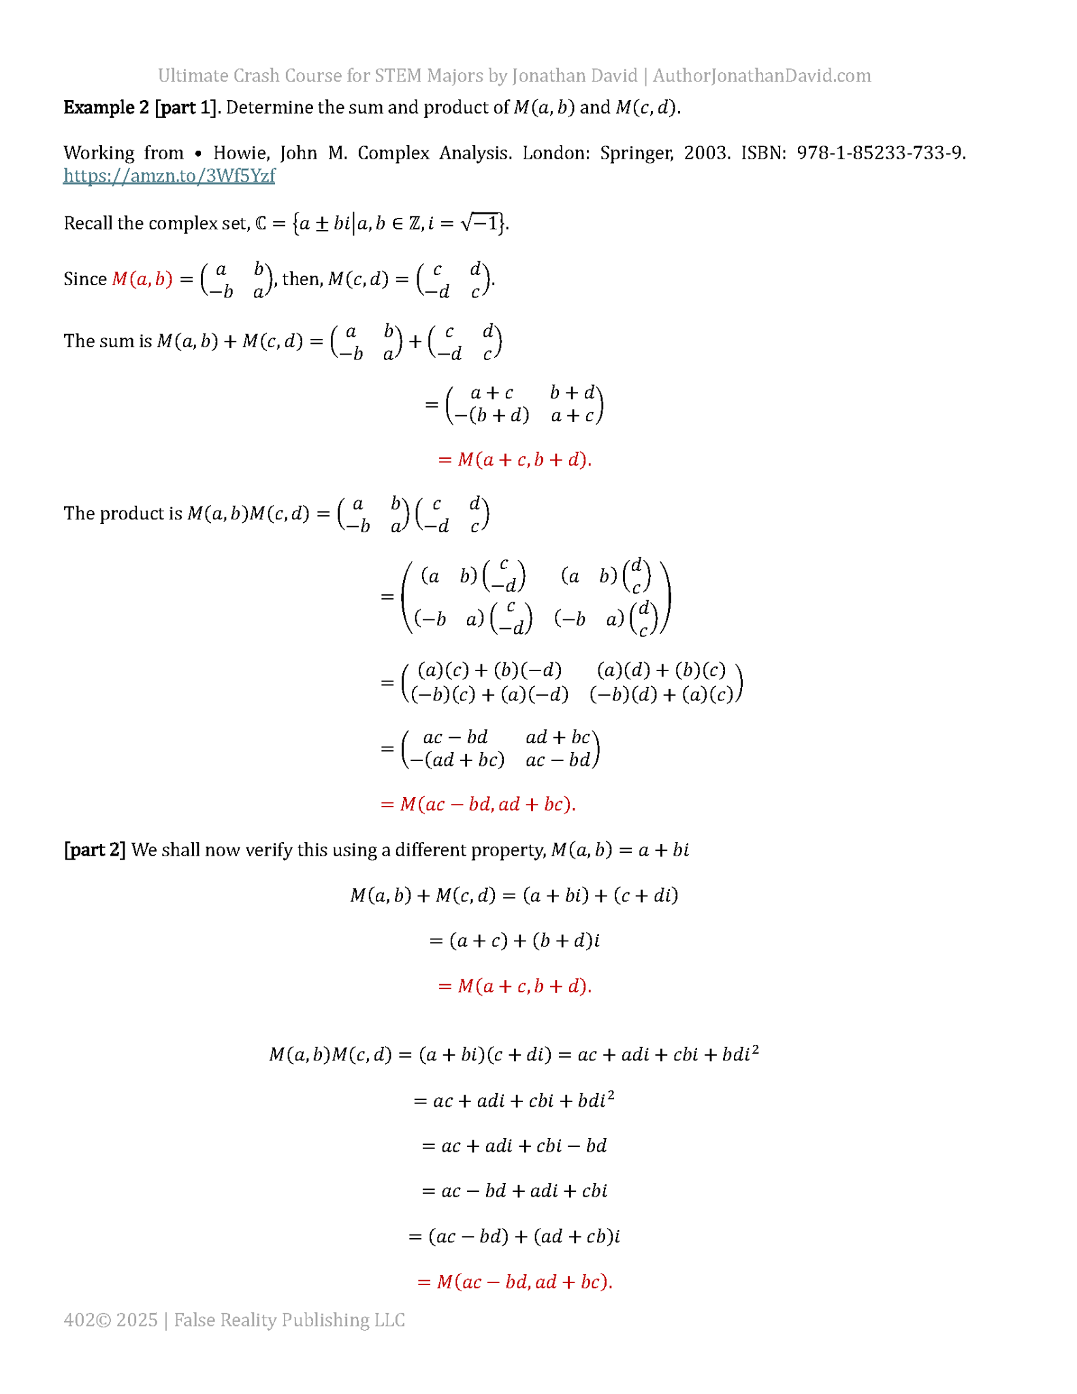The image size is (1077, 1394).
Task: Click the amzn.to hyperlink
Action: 169,176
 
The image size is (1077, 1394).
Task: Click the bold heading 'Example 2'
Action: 106,108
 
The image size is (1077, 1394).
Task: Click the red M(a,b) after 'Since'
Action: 142,279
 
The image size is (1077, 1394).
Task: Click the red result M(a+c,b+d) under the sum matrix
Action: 515,460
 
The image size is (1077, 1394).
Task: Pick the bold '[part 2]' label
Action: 95,849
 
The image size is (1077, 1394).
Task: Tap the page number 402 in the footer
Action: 79,1320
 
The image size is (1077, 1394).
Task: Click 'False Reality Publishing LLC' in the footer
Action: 289,1320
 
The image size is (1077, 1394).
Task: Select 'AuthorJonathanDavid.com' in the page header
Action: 762,76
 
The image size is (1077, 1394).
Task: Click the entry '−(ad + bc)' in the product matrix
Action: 457,760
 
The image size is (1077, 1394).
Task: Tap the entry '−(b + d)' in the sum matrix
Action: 492,415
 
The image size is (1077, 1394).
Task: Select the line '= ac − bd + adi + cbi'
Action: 514,1190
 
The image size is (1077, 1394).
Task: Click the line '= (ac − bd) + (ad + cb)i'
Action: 514,1236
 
